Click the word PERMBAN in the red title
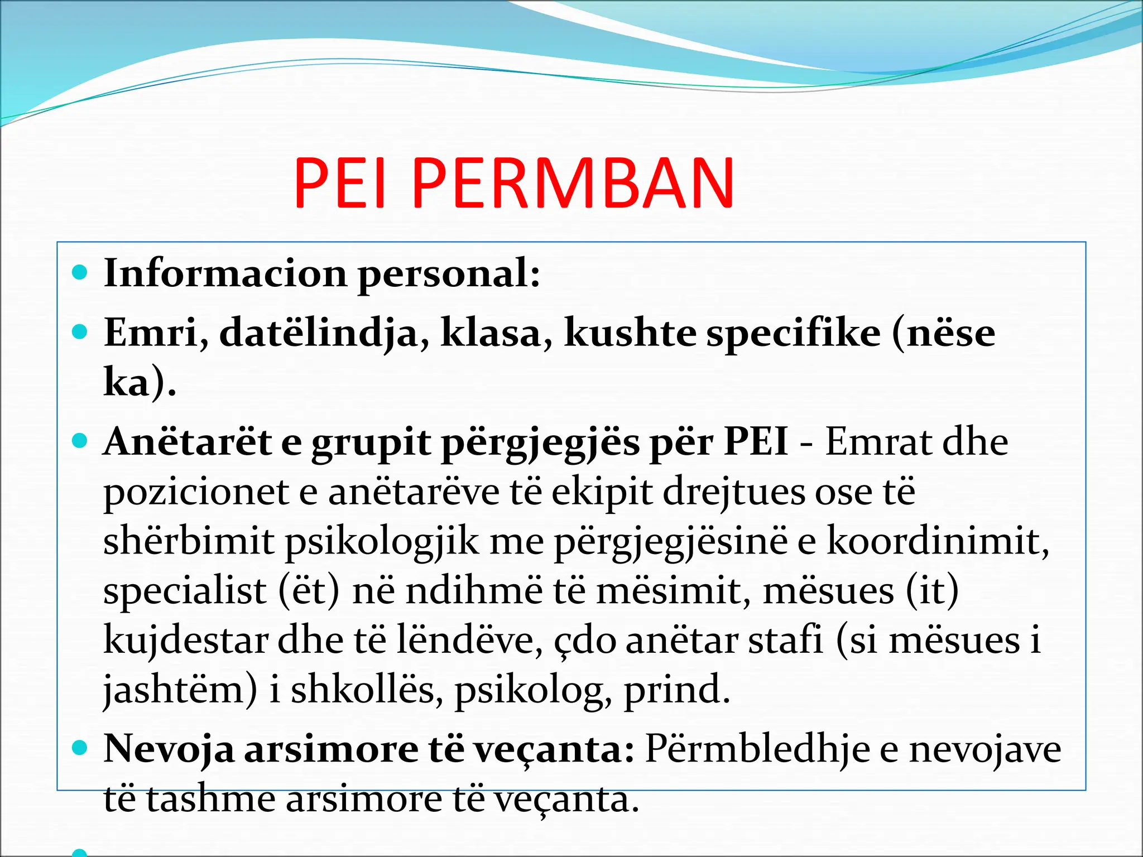tap(573, 183)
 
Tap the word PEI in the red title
tap(340, 183)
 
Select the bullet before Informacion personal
tap(81, 273)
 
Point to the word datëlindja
tap(319, 333)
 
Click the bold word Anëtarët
tap(187, 442)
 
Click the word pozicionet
tap(196, 493)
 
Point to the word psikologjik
tap(382, 542)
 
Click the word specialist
tap(185, 591)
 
